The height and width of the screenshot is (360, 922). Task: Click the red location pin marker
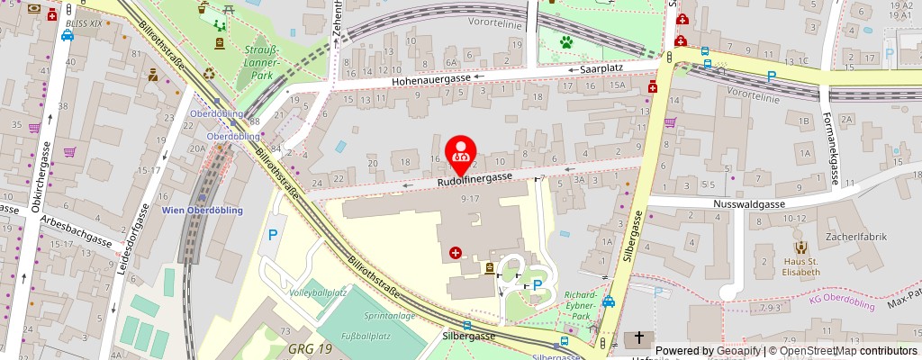click(462, 150)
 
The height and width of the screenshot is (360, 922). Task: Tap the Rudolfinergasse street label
click(475, 181)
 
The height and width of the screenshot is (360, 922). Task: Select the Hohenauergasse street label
click(431, 80)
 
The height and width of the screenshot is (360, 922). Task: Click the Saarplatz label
click(601, 68)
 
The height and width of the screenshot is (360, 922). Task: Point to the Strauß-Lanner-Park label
click(262, 62)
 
